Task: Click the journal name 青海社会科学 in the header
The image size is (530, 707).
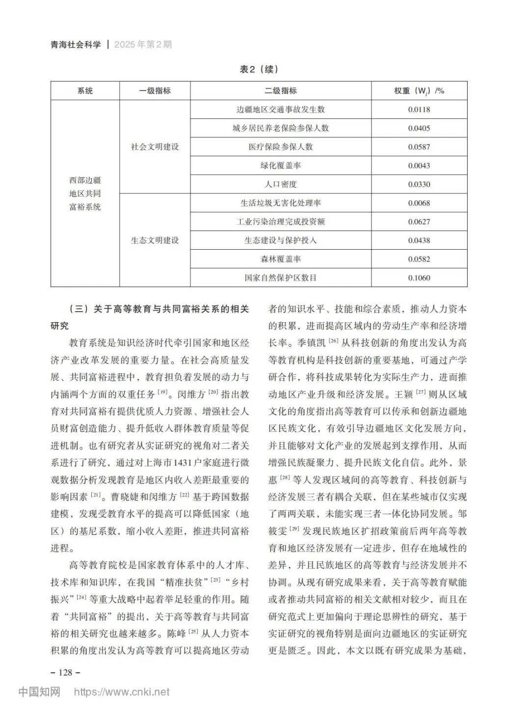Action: coord(76,45)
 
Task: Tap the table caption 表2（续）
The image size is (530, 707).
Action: coord(259,69)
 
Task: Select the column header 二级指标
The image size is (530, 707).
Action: coord(280,91)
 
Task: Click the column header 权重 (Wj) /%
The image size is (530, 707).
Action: coord(419,91)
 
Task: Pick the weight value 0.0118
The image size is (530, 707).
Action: coord(419,109)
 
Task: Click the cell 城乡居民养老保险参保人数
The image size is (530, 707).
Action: coord(280,128)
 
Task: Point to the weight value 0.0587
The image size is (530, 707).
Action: coord(419,147)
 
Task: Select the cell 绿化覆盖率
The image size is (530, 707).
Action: coord(280,165)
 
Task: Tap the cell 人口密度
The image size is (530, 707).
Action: coord(280,184)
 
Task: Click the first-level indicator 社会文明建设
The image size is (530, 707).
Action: coord(155,147)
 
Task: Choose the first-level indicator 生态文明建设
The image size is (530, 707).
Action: coord(155,240)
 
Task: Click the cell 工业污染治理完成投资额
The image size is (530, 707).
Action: coord(280,222)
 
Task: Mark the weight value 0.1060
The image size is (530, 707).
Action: coord(419,278)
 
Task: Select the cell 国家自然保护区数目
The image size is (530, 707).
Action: coord(280,278)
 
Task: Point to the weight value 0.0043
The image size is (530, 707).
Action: coord(419,165)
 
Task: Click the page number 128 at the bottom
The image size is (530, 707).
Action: coord(65,672)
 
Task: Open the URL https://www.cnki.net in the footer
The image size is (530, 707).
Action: coord(121,692)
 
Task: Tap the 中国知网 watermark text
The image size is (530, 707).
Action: coord(39,692)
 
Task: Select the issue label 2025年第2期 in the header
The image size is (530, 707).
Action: coord(143,45)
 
